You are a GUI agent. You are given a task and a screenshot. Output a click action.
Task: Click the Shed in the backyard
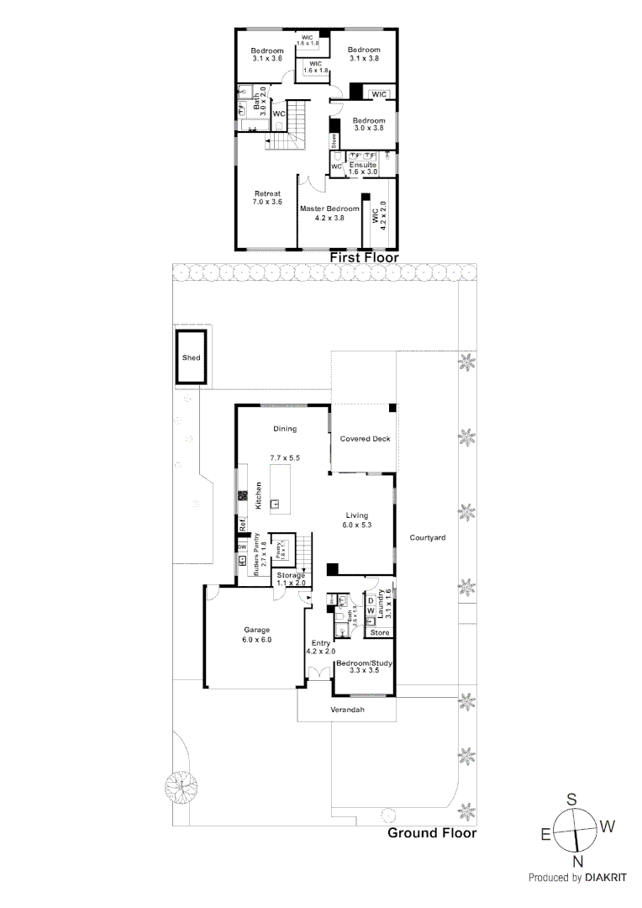click(192, 357)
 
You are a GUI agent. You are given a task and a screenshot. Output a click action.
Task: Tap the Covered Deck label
click(365, 439)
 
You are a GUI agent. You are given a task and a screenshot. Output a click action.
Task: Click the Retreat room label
click(266, 193)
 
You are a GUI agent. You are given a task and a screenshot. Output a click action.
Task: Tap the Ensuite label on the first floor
click(363, 166)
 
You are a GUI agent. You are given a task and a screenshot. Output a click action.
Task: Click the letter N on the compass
click(577, 862)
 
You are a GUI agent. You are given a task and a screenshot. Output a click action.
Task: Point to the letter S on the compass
click(571, 799)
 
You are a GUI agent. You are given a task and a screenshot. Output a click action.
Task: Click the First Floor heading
click(363, 257)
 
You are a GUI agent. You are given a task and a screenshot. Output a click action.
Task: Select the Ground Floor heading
click(431, 833)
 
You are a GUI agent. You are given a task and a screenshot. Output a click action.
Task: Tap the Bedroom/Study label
click(364, 663)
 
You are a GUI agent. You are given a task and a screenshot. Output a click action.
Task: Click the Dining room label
click(285, 429)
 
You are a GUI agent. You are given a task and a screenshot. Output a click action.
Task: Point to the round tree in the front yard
click(180, 787)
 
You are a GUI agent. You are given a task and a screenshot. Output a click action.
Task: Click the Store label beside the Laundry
click(381, 632)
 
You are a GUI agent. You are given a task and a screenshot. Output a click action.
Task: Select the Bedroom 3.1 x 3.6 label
click(267, 50)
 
